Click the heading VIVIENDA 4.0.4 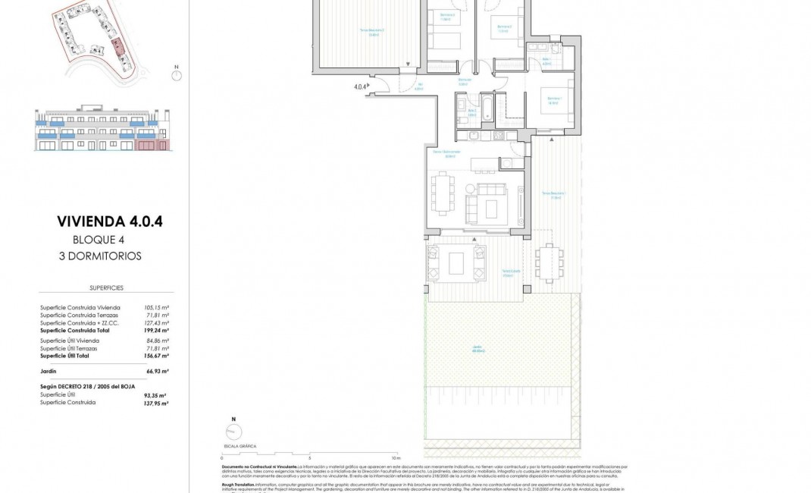[110, 221]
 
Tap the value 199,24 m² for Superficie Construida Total [156, 331]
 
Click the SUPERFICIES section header [106, 288]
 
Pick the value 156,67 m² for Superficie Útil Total [156, 356]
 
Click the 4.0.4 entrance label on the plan [360, 86]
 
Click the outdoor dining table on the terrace [550, 263]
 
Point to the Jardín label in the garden [474, 349]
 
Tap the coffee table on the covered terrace [457, 263]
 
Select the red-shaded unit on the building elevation [151, 144]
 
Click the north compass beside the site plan [176, 74]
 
